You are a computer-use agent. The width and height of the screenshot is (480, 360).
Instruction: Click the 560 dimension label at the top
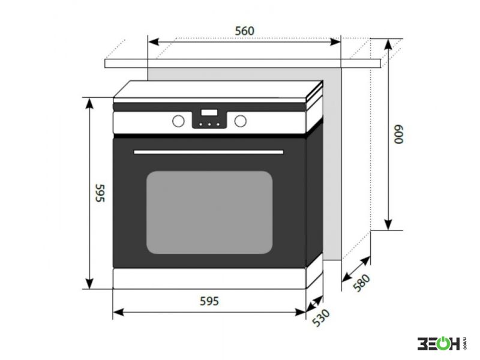(244, 31)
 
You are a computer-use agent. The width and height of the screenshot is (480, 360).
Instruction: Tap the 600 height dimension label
(399, 134)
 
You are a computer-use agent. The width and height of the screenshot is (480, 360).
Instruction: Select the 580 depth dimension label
(362, 282)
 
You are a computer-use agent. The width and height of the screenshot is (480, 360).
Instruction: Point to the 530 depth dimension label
(321, 317)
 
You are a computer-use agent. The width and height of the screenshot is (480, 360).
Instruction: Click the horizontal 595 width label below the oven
(209, 301)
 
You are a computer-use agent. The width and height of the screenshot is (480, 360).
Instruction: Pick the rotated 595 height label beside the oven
(100, 193)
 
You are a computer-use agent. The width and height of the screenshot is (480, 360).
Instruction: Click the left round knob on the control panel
(178, 121)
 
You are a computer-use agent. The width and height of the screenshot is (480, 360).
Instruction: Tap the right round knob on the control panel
(241, 121)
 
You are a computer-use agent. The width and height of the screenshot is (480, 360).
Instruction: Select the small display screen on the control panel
(209, 112)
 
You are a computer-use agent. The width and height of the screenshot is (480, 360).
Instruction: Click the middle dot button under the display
(209, 124)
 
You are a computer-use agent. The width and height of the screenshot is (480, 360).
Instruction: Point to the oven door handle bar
(208, 152)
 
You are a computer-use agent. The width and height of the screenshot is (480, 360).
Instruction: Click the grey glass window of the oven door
(209, 212)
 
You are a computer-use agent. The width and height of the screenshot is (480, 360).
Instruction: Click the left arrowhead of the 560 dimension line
(153, 41)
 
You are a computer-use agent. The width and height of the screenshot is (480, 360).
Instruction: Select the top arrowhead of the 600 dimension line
(388, 44)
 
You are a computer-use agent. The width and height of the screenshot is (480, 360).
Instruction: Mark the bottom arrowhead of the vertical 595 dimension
(89, 283)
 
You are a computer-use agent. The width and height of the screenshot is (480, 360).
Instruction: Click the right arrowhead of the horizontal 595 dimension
(301, 312)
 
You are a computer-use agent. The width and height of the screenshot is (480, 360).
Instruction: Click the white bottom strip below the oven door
(209, 278)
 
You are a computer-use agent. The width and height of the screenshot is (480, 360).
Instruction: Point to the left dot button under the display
(201, 124)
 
